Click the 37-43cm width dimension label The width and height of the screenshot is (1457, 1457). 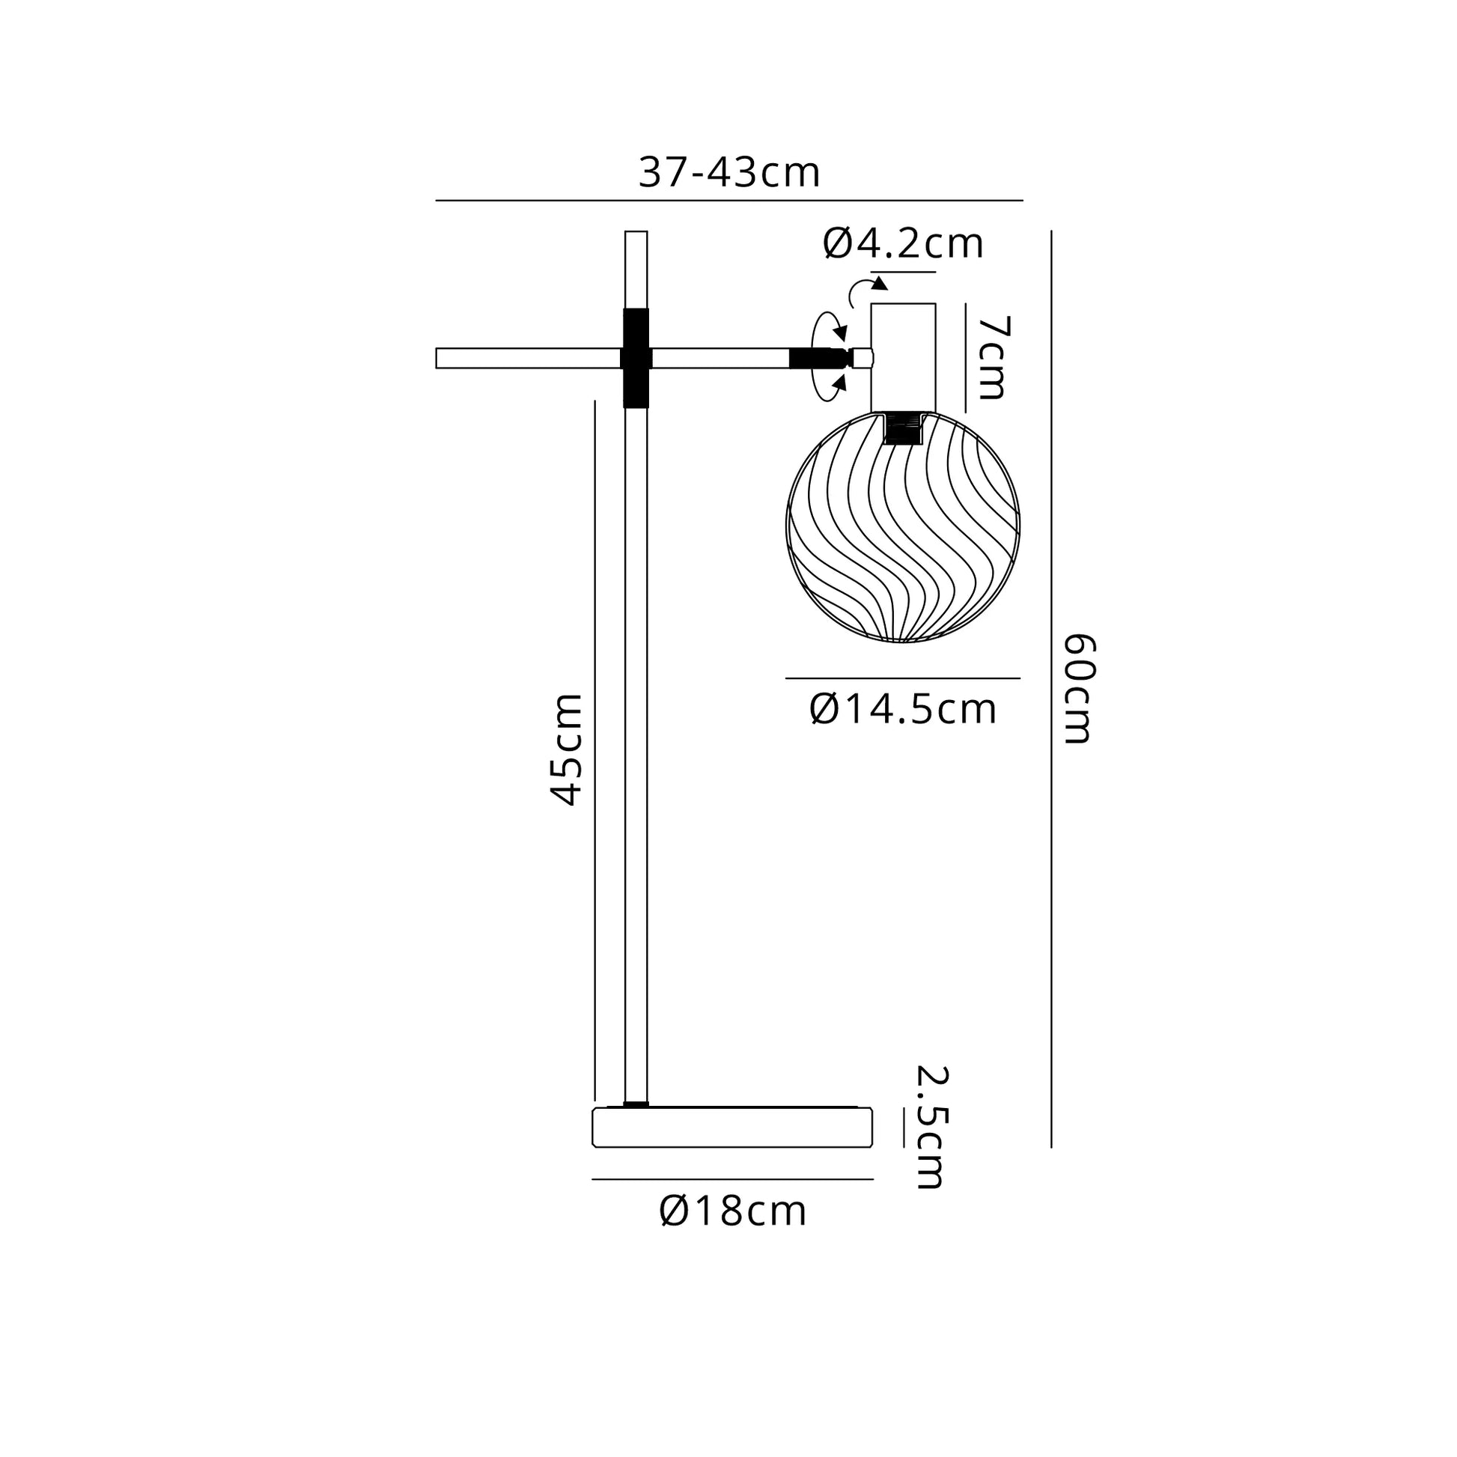[x=728, y=173]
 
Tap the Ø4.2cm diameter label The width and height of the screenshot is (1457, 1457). [x=903, y=243]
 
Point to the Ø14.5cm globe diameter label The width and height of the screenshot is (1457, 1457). [x=903, y=710]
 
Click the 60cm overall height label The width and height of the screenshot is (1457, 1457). [x=1077, y=689]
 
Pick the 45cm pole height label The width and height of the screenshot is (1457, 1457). [x=565, y=749]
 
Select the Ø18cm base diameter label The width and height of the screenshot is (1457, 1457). [x=733, y=1212]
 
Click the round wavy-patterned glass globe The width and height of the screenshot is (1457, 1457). [x=903, y=527]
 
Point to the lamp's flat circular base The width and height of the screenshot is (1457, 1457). [x=732, y=1127]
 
